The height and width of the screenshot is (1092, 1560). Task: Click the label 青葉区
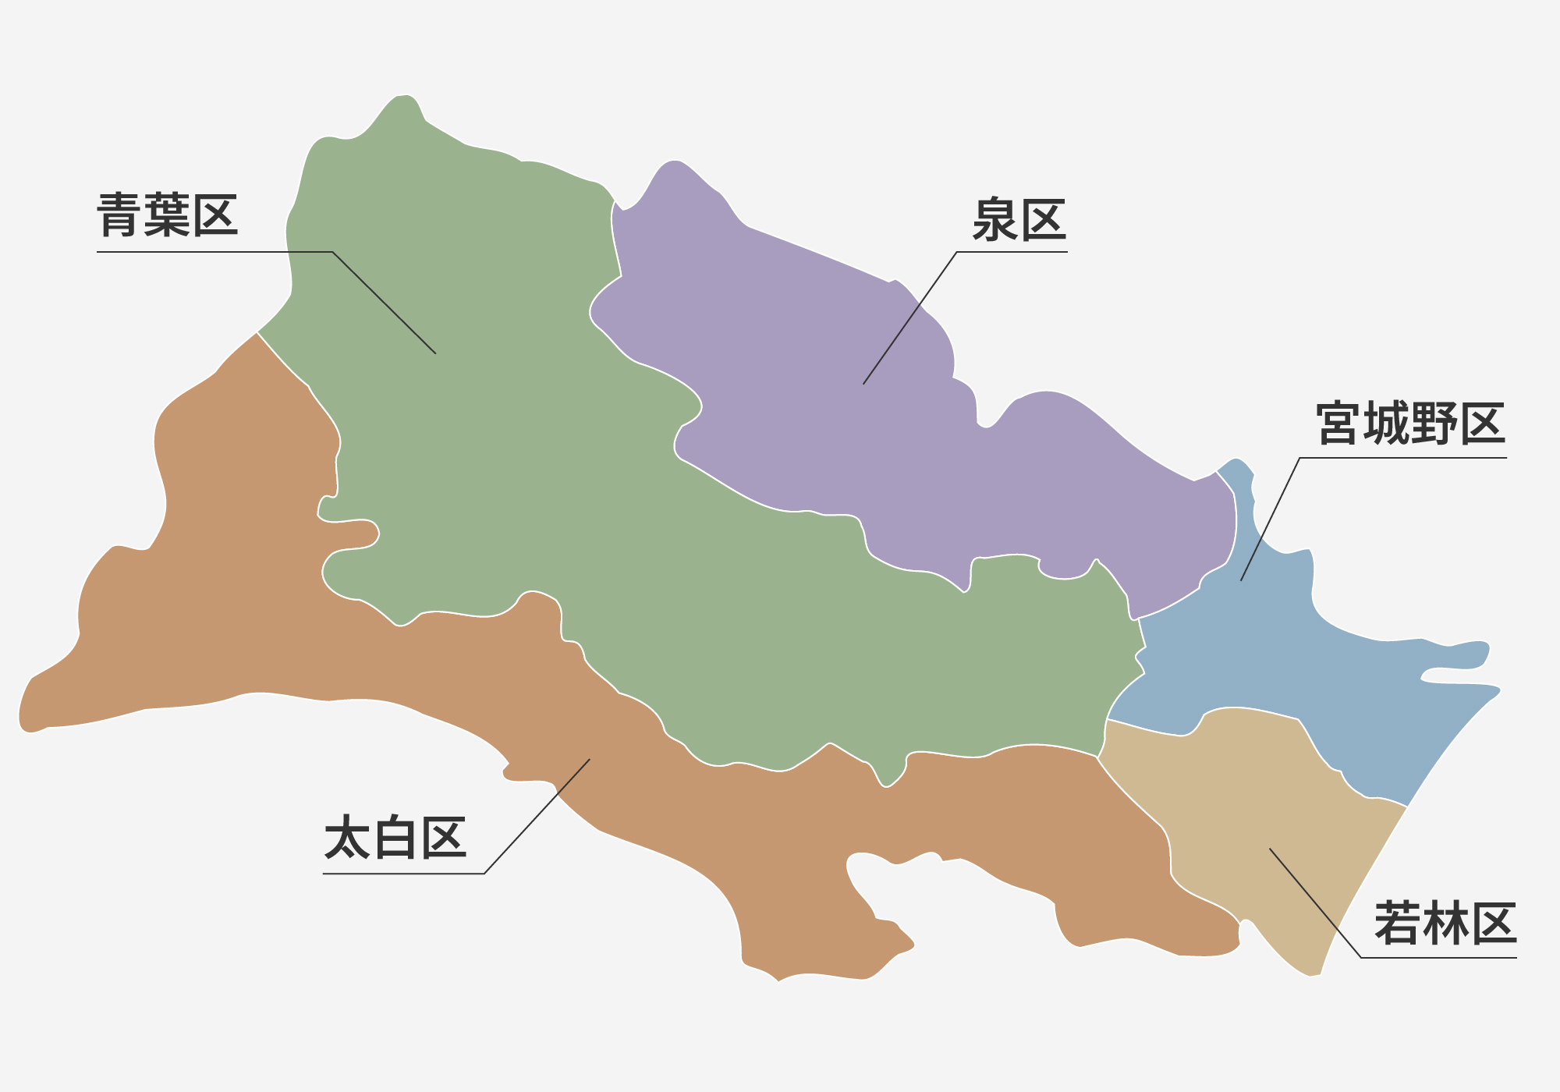[167, 216]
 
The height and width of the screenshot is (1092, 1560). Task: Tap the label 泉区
[1019, 221]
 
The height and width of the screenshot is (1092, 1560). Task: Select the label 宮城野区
[1410, 424]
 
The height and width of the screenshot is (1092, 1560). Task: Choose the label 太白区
[395, 838]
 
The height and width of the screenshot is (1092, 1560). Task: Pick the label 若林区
[1445, 924]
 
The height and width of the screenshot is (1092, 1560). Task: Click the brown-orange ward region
[234, 608]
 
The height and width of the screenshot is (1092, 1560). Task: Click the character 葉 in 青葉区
[167, 216]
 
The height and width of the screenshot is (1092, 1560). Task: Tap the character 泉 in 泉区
[995, 221]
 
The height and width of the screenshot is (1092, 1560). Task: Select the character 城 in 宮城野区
[1387, 424]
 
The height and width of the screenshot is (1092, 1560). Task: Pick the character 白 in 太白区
[395, 838]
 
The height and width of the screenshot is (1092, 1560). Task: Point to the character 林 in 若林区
[1445, 924]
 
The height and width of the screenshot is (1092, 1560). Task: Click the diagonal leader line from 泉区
[909, 318]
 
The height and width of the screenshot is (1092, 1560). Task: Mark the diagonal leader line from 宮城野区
[1270, 519]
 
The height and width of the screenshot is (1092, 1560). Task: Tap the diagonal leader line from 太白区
[537, 817]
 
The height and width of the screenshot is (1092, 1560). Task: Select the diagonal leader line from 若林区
[1315, 903]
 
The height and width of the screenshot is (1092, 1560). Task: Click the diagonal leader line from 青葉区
[384, 303]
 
